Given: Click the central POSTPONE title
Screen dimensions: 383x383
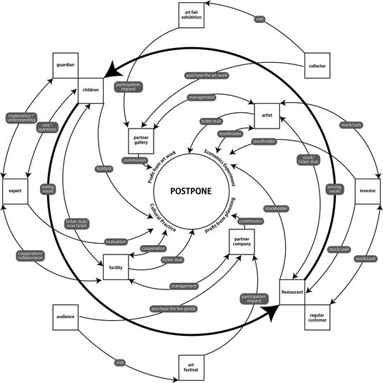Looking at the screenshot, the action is click(x=191, y=191).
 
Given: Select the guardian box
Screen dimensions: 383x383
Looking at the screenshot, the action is click(x=66, y=66).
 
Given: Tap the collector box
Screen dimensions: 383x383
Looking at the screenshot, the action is click(x=317, y=66).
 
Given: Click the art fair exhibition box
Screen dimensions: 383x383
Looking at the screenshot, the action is click(x=191, y=15).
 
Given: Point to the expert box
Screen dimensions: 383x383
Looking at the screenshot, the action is click(x=15, y=191).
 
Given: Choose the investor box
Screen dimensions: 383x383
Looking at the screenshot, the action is click(x=367, y=191).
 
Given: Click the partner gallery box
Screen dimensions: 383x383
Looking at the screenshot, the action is click(x=141, y=141).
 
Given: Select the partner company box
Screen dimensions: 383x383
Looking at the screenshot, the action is click(x=242, y=242).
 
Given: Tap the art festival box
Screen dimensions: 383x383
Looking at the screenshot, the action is click(x=191, y=367).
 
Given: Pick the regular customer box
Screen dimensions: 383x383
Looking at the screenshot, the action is click(x=317, y=317).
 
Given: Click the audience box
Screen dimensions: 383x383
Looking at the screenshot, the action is click(x=66, y=317).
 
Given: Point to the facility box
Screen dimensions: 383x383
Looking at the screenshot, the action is click(x=116, y=267).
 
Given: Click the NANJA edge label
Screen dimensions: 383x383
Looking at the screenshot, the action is click(x=104, y=169).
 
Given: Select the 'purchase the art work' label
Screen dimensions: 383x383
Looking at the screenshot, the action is click(x=207, y=76).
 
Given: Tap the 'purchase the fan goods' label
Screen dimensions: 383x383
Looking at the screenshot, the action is click(x=174, y=309).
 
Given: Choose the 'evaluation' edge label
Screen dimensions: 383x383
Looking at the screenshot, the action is click(x=116, y=242).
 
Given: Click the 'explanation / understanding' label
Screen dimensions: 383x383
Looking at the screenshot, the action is click(x=21, y=118).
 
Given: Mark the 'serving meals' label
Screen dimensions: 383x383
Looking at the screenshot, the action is click(x=334, y=189).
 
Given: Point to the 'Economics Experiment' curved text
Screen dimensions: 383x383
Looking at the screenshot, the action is click(x=220, y=167).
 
